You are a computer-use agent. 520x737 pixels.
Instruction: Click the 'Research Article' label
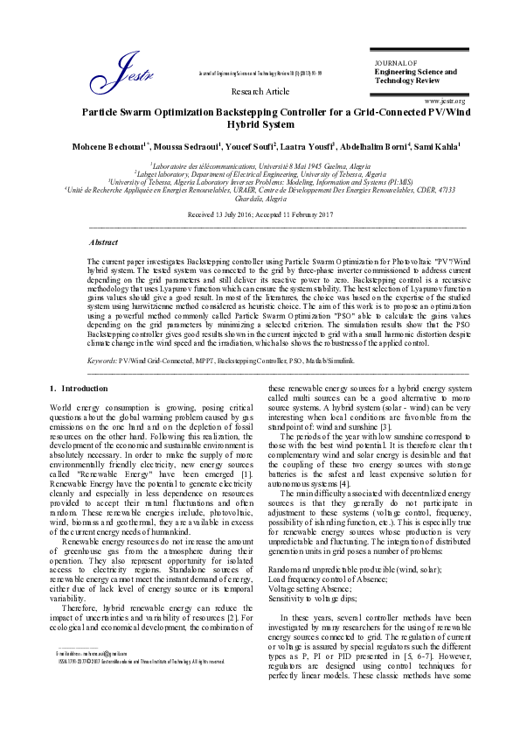[x=260, y=91]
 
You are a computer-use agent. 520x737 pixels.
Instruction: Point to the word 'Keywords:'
[x=103, y=360]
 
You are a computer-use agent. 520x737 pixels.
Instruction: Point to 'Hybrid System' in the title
[x=260, y=125]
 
